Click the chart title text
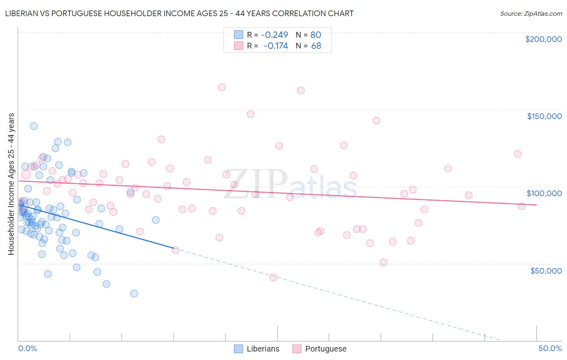179,13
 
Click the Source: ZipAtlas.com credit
531,13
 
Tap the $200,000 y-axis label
543,39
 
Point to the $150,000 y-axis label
544,116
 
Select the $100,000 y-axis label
544,193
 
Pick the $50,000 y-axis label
546,270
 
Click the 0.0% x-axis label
27,348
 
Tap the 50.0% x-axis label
550,348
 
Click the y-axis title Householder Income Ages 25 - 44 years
11,184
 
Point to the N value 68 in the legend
316,46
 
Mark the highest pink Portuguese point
221,87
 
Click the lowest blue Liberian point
134,293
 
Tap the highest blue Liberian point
34,126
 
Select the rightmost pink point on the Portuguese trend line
521,206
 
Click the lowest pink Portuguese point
273,277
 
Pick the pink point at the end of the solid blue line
175,250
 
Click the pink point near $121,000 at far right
517,154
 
